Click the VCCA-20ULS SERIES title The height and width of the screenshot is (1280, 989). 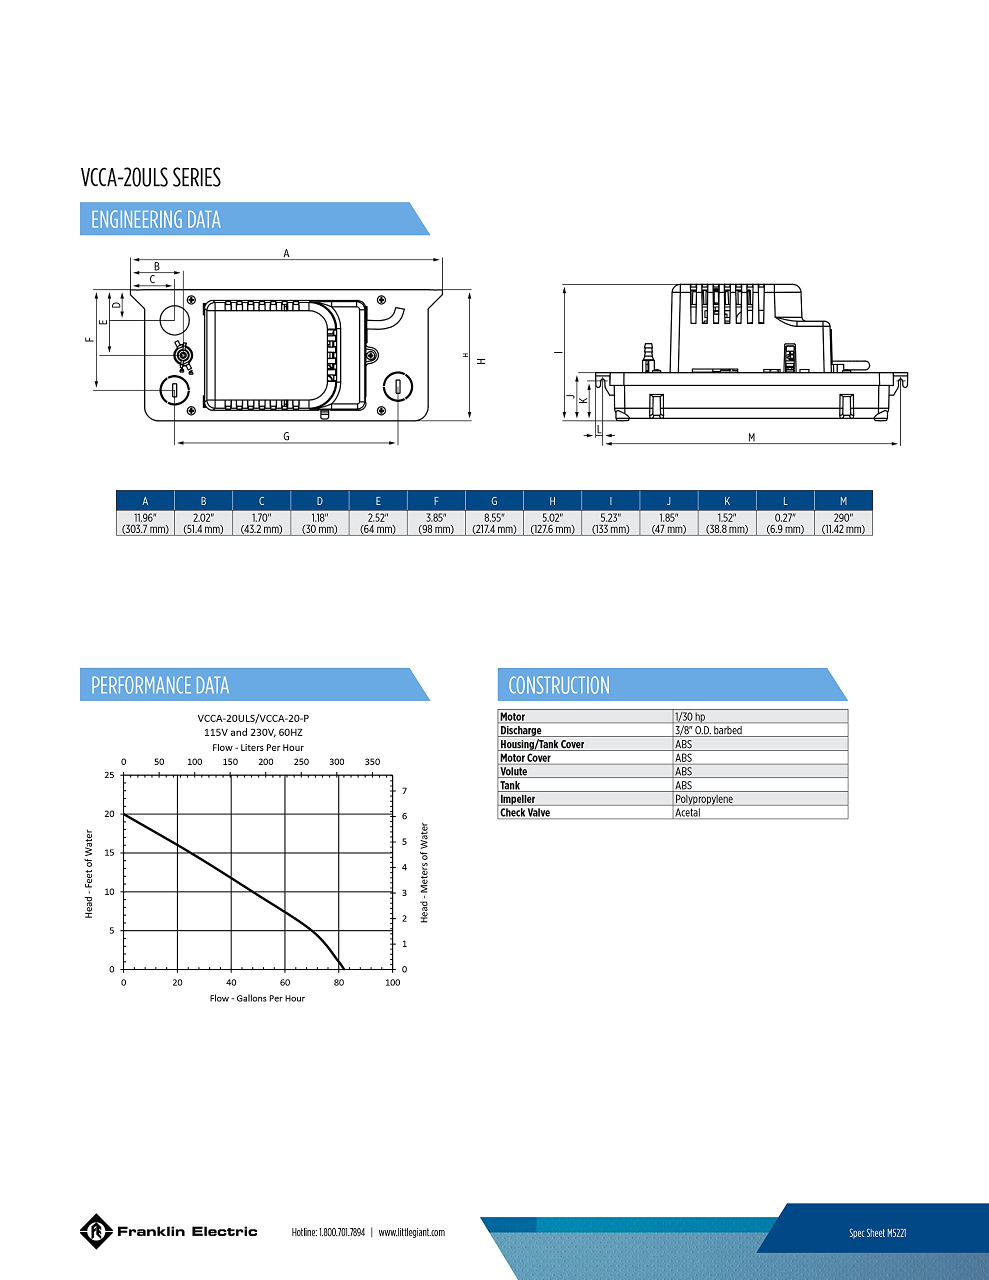tap(150, 177)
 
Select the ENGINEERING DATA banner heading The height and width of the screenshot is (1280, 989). tap(156, 220)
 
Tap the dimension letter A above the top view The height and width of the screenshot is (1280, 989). tap(286, 253)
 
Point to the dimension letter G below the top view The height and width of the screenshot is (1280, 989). tap(286, 436)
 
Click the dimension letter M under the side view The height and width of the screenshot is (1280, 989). tap(751, 437)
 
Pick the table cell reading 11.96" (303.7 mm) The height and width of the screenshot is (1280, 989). tap(145, 523)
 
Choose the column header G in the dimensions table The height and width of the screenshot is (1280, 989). tap(494, 501)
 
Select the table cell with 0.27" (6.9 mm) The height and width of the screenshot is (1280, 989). tap(785, 523)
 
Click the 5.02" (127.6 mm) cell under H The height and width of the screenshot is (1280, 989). tap(552, 523)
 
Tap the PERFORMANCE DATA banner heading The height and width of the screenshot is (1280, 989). tap(160, 685)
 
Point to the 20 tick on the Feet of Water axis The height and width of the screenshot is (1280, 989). tap(109, 813)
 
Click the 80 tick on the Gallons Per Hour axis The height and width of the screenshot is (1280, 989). tap(339, 982)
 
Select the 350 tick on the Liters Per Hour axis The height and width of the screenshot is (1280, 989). tap(372, 762)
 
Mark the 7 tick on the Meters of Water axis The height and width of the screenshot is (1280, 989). tap(404, 790)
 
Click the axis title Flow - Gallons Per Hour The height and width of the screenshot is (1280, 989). tap(257, 998)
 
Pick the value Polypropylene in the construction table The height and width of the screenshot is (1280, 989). tap(703, 799)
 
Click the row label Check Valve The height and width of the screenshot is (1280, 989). tap(524, 813)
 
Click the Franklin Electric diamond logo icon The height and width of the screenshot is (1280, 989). tap(95, 1231)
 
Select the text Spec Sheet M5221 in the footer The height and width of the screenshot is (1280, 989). tap(877, 1233)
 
